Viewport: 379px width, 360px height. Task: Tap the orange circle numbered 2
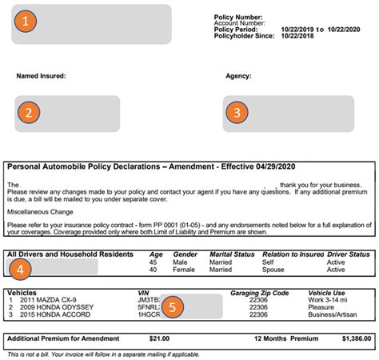pyautogui.click(x=28, y=113)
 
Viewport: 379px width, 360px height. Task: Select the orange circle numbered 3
pyautogui.click(x=236, y=113)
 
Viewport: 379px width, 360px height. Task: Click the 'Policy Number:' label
pyautogui.click(x=238, y=15)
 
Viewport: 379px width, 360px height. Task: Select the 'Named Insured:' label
pyautogui.click(x=41, y=77)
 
